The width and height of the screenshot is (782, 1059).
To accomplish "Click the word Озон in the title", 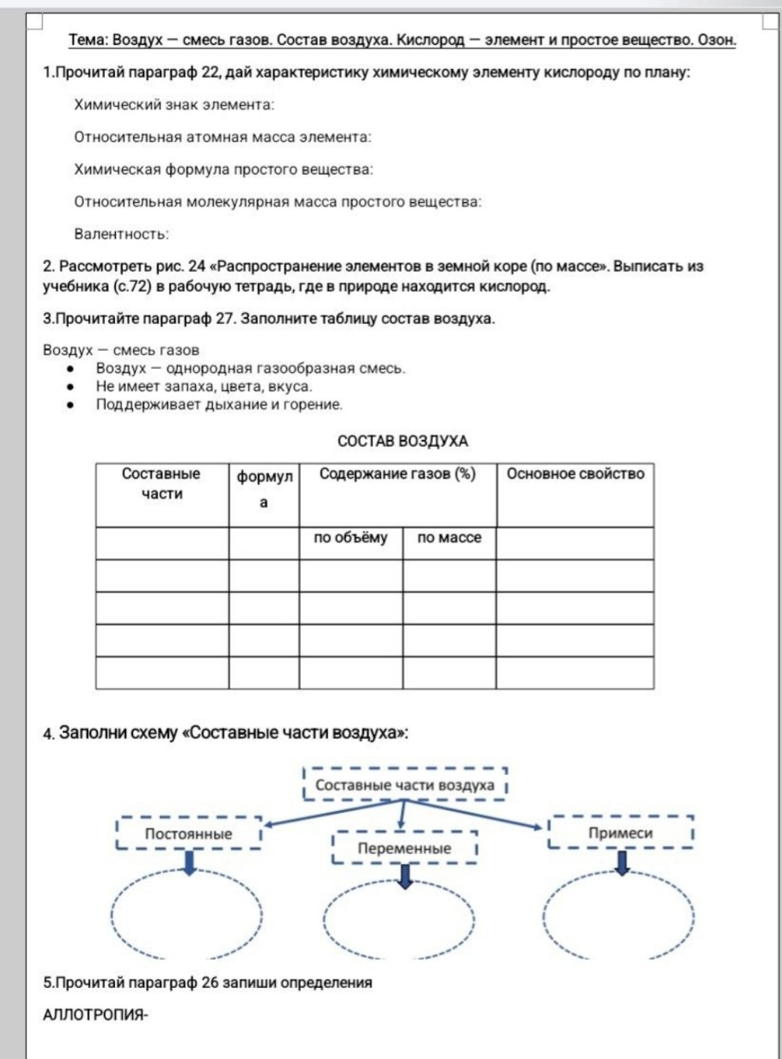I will point(716,40).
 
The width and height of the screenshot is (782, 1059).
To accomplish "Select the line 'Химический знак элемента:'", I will point(174,105).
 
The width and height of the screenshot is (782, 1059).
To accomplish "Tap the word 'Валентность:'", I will point(121,234).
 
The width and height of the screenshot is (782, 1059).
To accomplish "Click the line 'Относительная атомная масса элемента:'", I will point(222,137).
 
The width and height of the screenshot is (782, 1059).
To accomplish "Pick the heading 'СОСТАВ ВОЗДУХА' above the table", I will point(403,441).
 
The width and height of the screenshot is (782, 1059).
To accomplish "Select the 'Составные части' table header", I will point(161,484).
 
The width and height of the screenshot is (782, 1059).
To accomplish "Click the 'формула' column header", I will point(264,489).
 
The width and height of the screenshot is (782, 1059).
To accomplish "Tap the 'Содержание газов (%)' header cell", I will point(397,474).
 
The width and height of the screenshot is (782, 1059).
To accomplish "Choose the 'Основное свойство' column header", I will point(575,474).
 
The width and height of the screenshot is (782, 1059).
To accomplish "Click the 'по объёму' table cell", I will point(350,538).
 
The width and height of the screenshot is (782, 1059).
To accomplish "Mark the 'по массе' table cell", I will point(449,538).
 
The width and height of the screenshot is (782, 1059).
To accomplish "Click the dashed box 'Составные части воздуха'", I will point(405,785).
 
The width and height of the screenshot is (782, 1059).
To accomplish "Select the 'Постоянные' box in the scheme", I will point(188,834).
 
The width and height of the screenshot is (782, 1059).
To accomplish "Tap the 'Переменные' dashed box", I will point(404,848).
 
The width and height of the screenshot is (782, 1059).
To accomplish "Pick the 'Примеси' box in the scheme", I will point(620,833).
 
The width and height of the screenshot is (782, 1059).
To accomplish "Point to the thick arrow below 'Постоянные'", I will point(189,863).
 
